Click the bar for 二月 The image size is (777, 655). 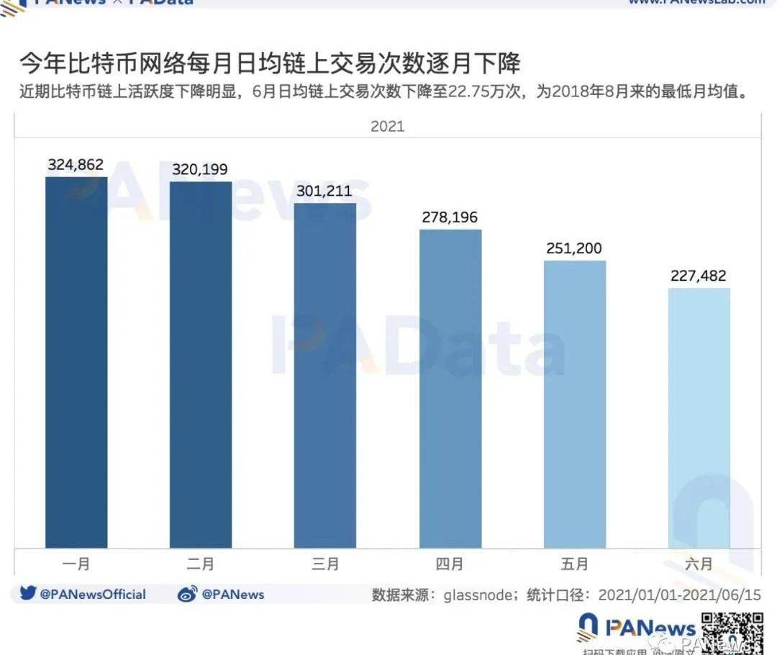201,364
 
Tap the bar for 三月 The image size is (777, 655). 325,375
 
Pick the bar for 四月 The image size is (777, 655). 450,389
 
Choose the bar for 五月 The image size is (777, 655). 575,404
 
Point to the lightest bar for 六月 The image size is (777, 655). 699,417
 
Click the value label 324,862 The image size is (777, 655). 76,165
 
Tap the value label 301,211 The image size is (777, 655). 325,191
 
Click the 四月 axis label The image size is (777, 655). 450,564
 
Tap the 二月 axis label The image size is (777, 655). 201,564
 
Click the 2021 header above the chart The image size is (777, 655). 388,127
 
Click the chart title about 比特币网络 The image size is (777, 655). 270,65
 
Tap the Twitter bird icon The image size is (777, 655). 28,594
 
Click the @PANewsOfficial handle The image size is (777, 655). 93,595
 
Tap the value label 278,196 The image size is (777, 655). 450,217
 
